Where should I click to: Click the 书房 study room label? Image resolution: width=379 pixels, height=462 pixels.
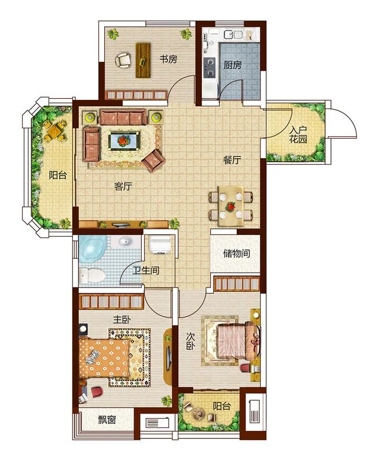168,59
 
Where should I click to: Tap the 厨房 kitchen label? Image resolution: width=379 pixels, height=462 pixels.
233,65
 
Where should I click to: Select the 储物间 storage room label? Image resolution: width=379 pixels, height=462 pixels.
237,253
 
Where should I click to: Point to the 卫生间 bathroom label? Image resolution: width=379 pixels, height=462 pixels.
146,270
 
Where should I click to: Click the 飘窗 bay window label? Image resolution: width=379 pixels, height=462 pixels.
107,420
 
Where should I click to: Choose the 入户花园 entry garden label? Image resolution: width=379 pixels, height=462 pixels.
298,135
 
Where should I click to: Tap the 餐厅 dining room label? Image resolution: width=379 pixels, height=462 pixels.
232,160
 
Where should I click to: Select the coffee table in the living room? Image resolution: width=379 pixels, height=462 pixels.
123,140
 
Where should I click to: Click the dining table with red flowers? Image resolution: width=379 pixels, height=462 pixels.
230,206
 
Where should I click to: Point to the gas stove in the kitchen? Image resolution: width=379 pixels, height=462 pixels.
209,68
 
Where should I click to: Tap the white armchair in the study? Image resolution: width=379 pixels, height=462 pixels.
123,60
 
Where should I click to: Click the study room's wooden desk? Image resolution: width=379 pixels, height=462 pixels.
143,61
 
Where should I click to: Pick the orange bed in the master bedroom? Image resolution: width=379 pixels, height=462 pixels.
105,357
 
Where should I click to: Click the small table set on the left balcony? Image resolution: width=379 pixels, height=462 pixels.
54,131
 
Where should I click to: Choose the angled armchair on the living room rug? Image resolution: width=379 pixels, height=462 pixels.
153,161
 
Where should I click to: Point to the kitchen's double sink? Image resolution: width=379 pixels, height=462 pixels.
233,35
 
